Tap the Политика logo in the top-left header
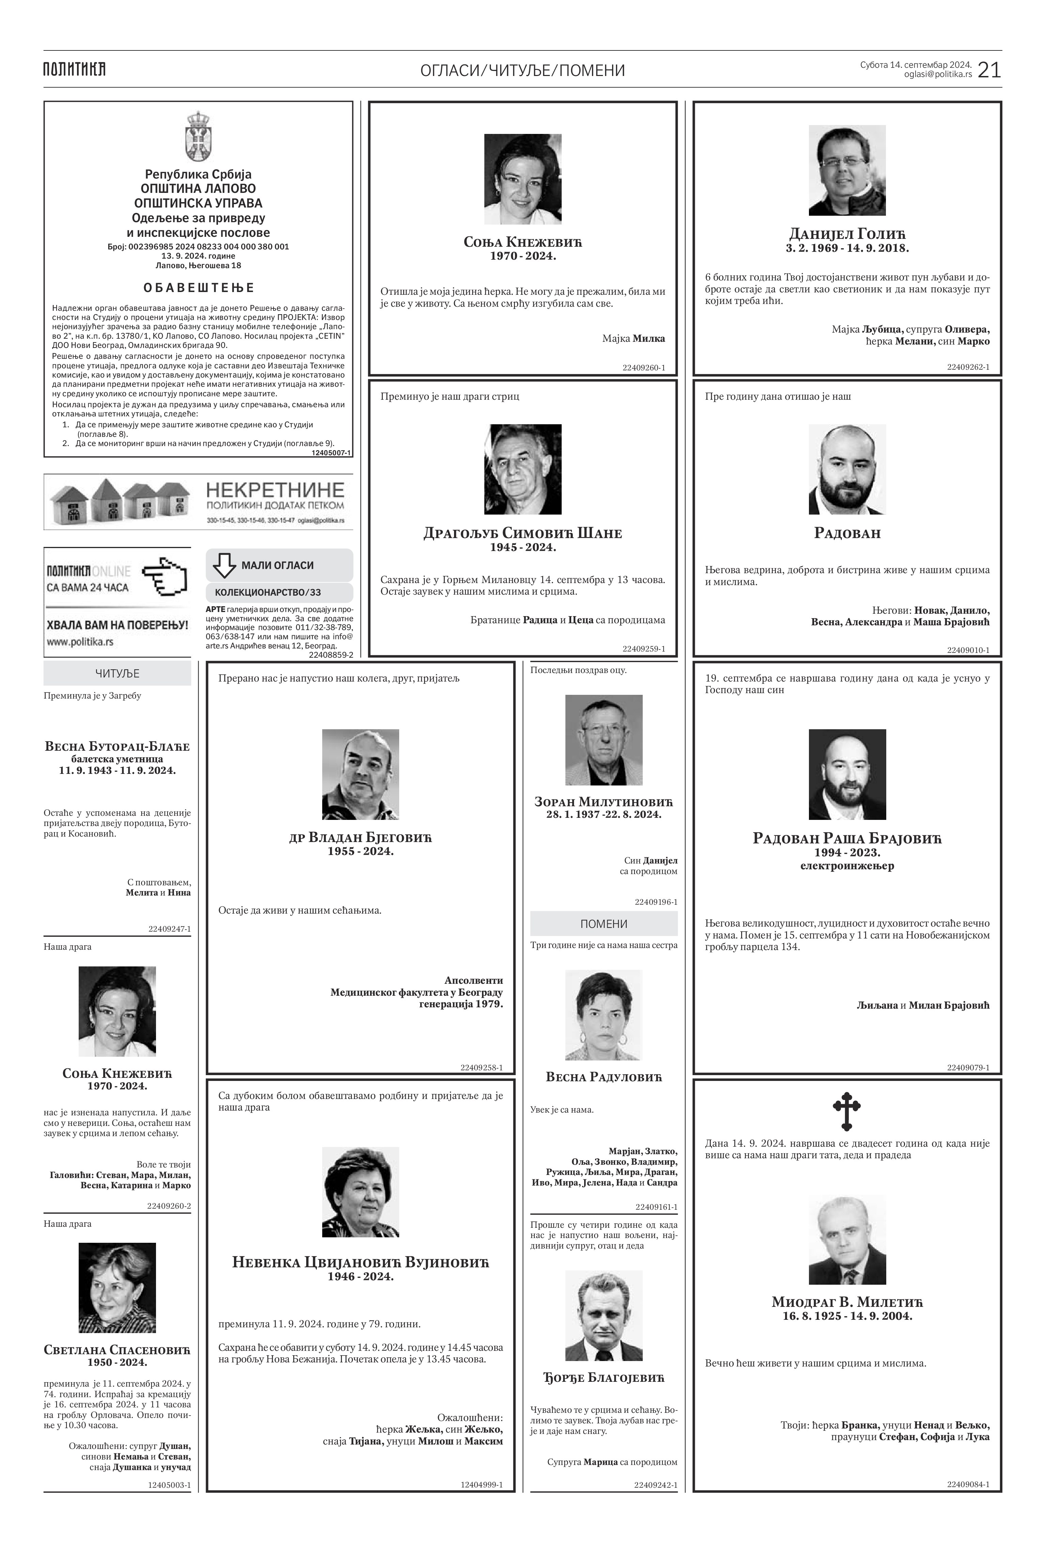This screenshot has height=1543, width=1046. click(x=74, y=69)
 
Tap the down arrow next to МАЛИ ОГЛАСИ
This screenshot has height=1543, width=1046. click(x=224, y=565)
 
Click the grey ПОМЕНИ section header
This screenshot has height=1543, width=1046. click(x=603, y=923)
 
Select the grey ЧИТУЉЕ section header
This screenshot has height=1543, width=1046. click(x=118, y=673)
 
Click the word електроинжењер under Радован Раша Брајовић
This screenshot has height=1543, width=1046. click(x=847, y=866)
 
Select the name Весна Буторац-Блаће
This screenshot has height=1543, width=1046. click(x=118, y=746)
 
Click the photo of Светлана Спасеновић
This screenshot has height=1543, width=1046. click(x=118, y=1287)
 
